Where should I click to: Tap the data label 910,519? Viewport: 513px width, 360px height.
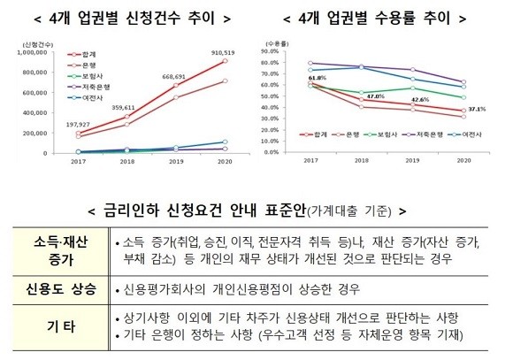221,51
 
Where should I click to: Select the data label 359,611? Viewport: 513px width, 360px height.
124,107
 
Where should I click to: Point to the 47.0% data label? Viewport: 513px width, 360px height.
375,96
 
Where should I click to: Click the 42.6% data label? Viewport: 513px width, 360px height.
420,100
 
